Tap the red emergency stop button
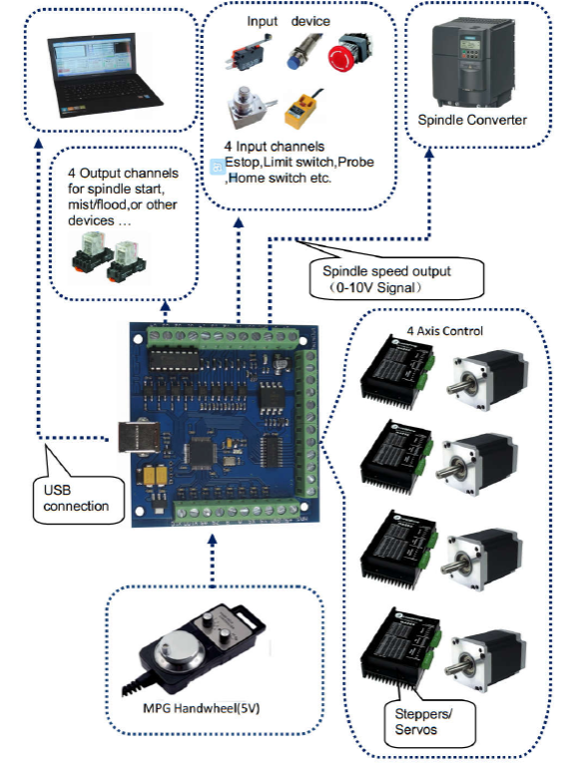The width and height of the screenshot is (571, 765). pyautogui.click(x=348, y=53)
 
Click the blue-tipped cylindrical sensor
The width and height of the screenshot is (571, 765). pyautogui.click(x=303, y=51)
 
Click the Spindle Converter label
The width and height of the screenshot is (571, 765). pyautogui.click(x=472, y=120)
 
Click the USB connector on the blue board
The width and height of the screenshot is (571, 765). pyautogui.click(x=139, y=437)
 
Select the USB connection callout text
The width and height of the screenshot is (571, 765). pyautogui.click(x=76, y=498)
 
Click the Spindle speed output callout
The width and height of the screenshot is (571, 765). pyautogui.click(x=396, y=279)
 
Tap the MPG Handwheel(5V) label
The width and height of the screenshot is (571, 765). pyautogui.click(x=202, y=708)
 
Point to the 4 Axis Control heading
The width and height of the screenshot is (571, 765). pyautogui.click(x=445, y=331)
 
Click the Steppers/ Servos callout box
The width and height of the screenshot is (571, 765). pyautogui.click(x=430, y=723)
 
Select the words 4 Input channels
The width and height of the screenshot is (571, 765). pyautogui.click(x=275, y=147)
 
